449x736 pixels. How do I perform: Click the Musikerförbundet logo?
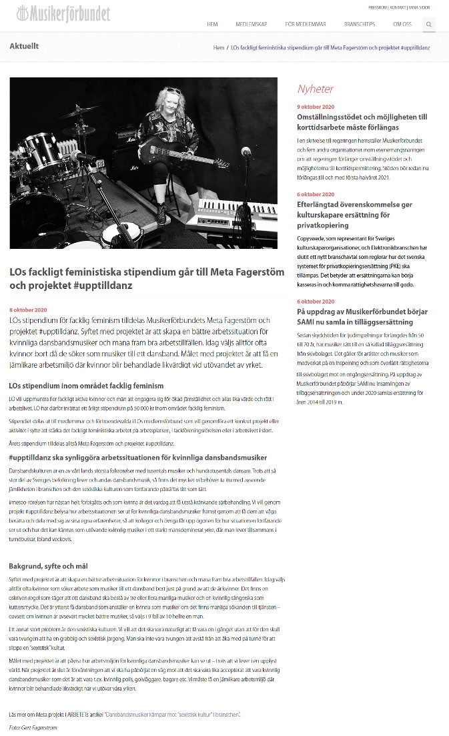[x=63, y=13]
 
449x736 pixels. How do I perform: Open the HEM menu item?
[x=212, y=24]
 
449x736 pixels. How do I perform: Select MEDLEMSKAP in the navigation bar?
[x=251, y=24]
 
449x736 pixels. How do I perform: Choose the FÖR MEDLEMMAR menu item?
[x=306, y=24]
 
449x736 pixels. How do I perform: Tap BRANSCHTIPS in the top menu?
[x=360, y=24]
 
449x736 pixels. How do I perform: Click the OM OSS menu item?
[x=402, y=24]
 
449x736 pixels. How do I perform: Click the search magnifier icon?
[x=429, y=24]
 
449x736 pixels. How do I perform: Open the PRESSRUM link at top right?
[x=378, y=7]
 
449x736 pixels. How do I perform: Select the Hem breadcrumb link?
[x=218, y=48]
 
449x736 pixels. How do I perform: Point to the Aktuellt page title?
[x=24, y=46]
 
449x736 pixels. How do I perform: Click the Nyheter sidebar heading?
[x=315, y=89]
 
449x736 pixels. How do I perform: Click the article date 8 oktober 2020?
[x=28, y=310]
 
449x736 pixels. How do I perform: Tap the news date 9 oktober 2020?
[x=316, y=107]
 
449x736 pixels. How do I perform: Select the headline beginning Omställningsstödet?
[x=362, y=121]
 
